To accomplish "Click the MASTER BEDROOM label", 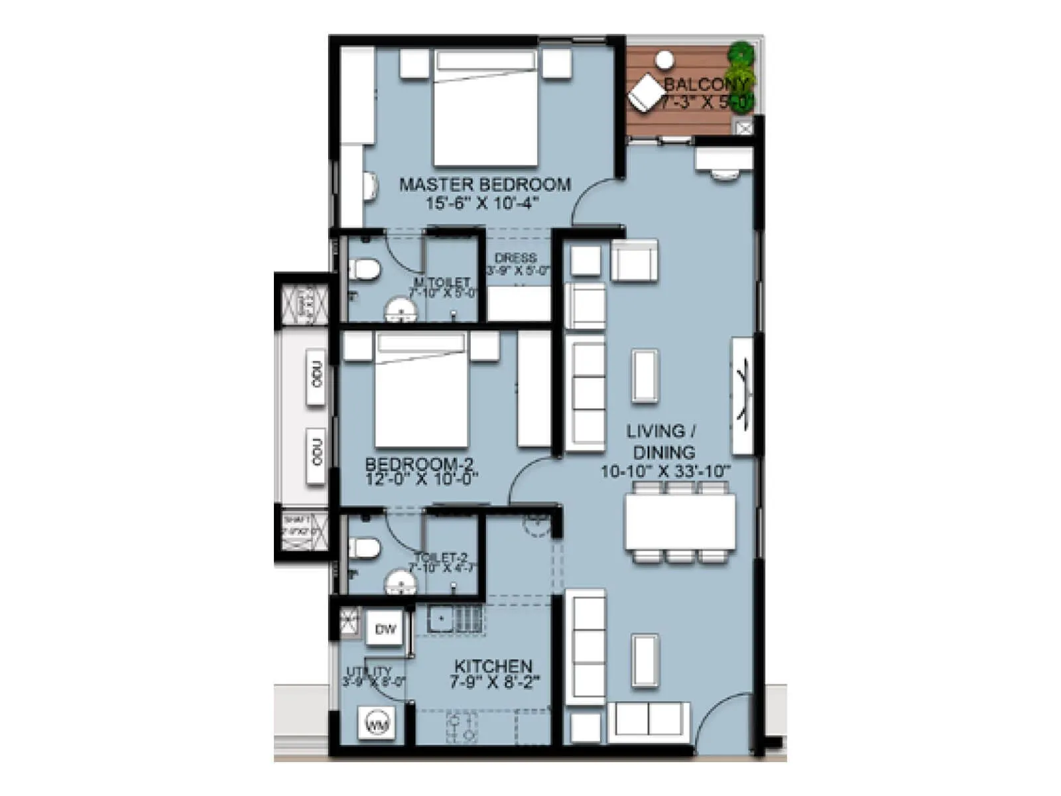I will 485,184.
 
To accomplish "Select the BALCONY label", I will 706,84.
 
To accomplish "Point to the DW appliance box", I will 385,629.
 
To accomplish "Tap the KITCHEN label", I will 493,666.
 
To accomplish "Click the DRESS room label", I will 516,257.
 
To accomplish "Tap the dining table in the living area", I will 680,521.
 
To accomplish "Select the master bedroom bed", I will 485,116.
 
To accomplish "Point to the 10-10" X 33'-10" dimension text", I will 665,472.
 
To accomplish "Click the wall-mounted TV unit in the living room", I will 743,396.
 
